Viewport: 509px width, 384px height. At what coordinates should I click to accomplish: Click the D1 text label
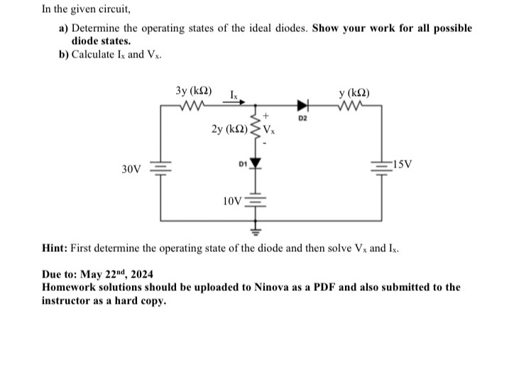(242, 163)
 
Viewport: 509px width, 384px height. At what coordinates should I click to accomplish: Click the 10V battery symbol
(256, 200)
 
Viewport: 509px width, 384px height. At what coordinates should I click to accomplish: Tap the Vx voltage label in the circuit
(272, 129)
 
